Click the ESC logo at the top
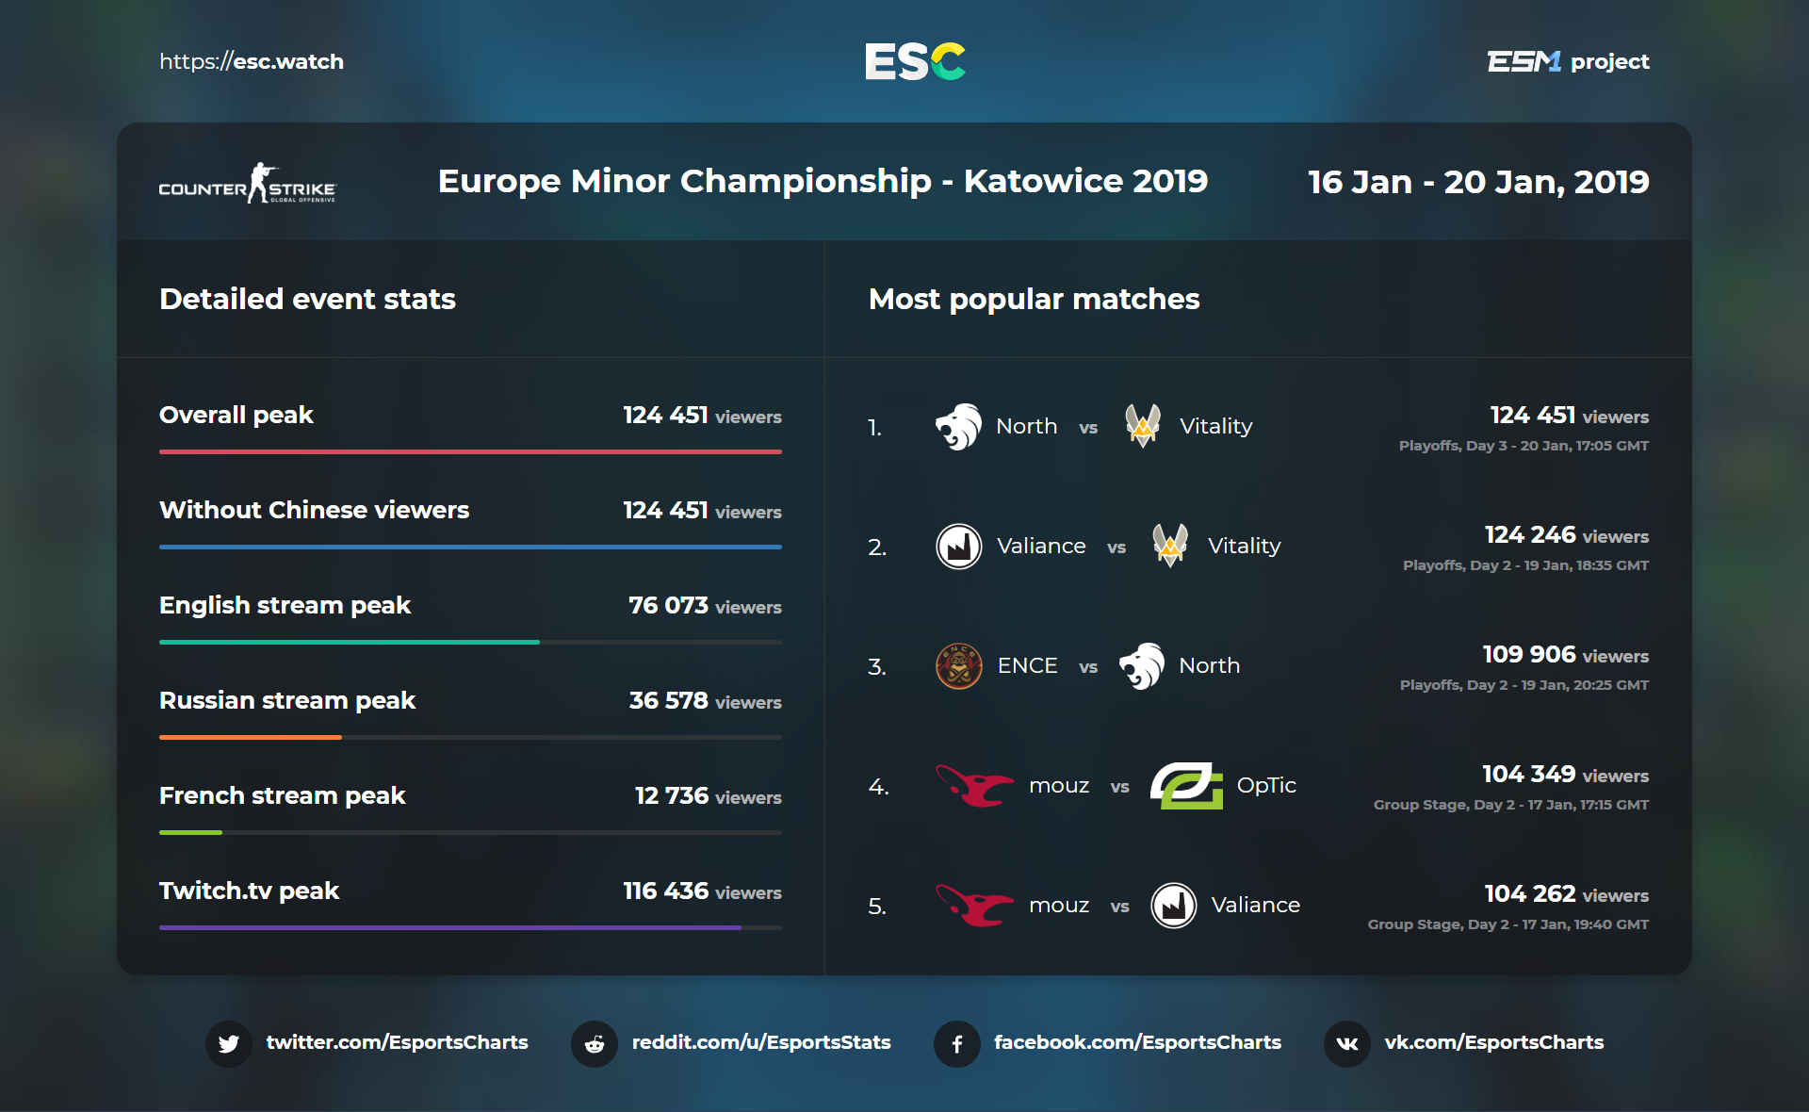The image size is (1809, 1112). click(x=915, y=61)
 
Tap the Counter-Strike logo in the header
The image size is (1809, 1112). click(x=247, y=184)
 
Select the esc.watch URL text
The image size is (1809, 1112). click(x=252, y=61)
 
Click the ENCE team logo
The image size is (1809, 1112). click(x=958, y=666)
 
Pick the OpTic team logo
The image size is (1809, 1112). click(x=1186, y=786)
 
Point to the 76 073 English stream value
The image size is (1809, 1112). click(x=668, y=605)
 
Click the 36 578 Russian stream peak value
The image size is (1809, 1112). click(x=668, y=700)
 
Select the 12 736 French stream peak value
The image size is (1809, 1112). click(x=671, y=795)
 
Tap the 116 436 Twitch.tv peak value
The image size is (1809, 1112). click(x=665, y=891)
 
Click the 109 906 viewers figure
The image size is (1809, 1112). click(x=1528, y=654)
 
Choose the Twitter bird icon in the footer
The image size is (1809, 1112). click(x=229, y=1043)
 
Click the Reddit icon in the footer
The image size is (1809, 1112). click(x=595, y=1043)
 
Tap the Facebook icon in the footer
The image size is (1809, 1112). click(x=957, y=1043)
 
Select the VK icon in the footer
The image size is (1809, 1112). click(x=1347, y=1043)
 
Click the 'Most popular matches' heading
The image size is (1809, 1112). click(x=1034, y=299)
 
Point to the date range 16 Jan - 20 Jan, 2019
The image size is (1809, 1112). click(x=1477, y=181)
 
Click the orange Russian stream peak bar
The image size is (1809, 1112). click(x=250, y=737)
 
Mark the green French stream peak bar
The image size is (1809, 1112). click(x=190, y=832)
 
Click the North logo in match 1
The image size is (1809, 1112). click(x=958, y=427)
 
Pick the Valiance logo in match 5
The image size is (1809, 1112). click(x=1173, y=906)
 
